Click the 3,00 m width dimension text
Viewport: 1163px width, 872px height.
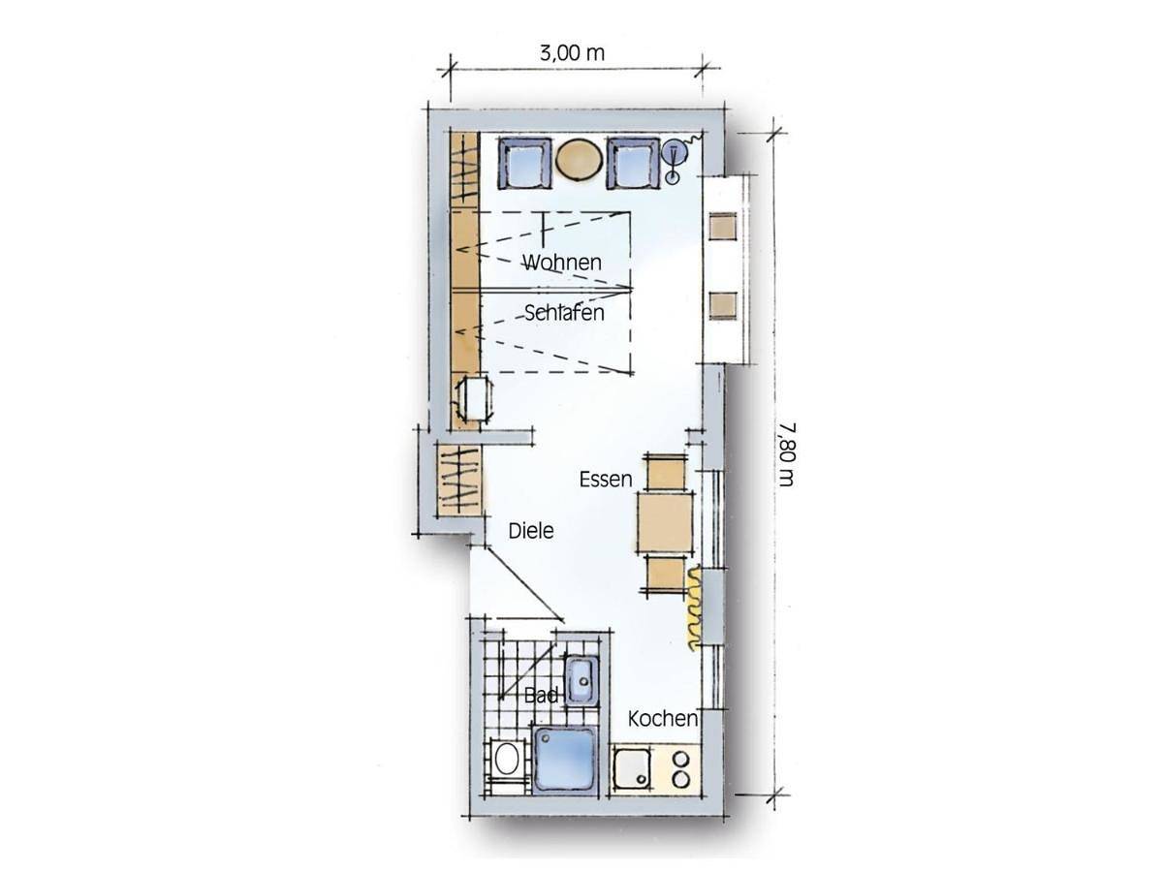pos(572,53)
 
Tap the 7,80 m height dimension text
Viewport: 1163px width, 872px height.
pos(787,454)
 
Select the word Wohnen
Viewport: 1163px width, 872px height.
pos(562,262)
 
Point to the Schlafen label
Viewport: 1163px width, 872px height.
pos(564,313)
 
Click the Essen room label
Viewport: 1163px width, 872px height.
pos(606,480)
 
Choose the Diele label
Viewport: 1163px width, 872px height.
pos(531,531)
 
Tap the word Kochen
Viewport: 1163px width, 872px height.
pos(663,719)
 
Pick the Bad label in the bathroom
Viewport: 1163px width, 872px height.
pos(541,695)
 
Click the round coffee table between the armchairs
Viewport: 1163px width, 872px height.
pos(580,160)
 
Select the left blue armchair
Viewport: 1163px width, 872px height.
pos(524,163)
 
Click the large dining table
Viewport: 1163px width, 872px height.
pos(665,523)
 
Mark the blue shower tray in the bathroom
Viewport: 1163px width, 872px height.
pos(565,761)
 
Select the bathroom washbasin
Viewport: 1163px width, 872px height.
pos(582,681)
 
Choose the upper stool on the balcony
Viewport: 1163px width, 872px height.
pos(723,226)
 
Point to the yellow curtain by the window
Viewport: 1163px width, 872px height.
pos(694,607)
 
